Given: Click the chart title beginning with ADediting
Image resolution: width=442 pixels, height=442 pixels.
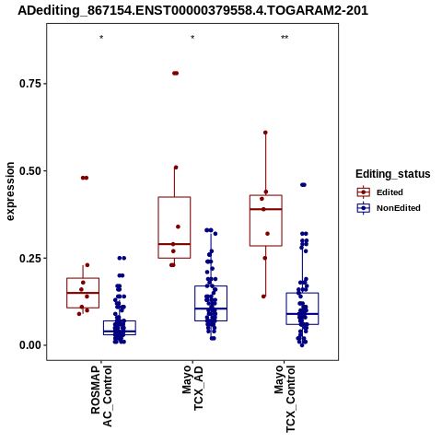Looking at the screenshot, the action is (x=192, y=10).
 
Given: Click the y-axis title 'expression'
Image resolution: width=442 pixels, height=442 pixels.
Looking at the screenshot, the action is (x=10, y=192).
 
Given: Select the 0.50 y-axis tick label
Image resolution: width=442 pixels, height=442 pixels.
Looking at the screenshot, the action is (x=30, y=170).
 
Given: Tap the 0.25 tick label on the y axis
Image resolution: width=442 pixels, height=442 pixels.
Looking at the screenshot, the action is (x=30, y=258).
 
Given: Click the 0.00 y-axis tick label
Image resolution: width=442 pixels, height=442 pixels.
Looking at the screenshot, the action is (x=30, y=345).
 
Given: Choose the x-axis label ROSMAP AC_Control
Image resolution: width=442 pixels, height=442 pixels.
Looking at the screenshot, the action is (x=101, y=396).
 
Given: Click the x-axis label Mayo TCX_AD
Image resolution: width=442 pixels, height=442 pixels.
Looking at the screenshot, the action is (x=192, y=388).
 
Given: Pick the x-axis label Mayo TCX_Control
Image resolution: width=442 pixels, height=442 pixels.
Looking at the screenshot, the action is (x=285, y=399).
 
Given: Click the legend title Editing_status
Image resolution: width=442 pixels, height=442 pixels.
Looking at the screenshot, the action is (x=393, y=174).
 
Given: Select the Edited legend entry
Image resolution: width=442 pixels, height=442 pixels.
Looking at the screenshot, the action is (x=380, y=192).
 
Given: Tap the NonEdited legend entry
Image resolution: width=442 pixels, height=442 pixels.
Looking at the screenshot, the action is (x=389, y=208).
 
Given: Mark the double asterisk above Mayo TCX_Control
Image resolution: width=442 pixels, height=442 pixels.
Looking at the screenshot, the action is (x=285, y=38).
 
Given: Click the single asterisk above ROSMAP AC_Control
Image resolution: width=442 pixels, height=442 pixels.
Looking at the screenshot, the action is (x=101, y=38).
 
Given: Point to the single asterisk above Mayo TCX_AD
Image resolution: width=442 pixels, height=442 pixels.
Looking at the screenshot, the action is (x=192, y=38).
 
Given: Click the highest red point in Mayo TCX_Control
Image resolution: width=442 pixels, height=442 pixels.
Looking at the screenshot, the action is (x=265, y=133).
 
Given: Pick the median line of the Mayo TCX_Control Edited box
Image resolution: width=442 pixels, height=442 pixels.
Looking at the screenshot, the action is (x=266, y=209).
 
